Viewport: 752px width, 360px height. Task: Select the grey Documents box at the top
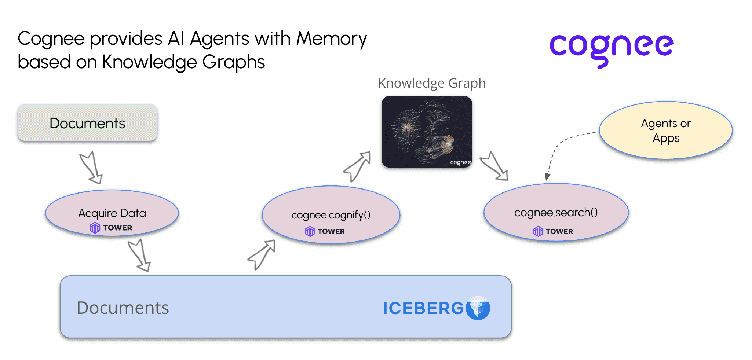[87, 123]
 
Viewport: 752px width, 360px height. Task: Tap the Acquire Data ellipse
[112, 213]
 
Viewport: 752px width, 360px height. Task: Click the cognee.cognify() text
[331, 215]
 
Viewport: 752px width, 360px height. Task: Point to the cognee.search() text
[556, 212]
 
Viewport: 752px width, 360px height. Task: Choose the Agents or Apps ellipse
[666, 131]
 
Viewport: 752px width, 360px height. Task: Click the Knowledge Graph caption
[432, 83]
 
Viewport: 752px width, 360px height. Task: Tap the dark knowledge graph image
[427, 132]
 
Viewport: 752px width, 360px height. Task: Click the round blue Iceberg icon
[478, 308]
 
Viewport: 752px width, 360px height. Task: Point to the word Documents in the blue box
[123, 308]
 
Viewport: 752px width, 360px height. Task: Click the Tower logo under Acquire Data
[95, 228]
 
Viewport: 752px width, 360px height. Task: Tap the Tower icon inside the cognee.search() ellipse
[538, 231]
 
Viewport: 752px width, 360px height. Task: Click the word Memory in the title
[331, 38]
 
